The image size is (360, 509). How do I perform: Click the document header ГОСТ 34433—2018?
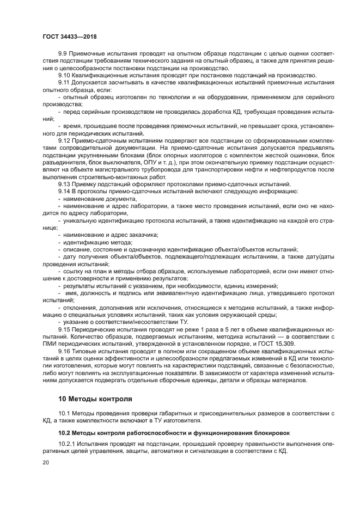pos(66,36)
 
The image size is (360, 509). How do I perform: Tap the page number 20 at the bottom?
pos(45,462)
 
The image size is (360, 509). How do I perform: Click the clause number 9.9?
pos(62,53)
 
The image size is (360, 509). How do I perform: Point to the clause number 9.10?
pos(64,75)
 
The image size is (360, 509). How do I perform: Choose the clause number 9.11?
pos(64,82)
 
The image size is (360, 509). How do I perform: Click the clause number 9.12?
pos(64,140)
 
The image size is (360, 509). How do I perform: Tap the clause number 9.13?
pos(64,184)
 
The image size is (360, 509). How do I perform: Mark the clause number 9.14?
pos(64,192)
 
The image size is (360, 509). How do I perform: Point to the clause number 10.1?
pos(64,415)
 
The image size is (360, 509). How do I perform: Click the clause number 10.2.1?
pos(67,444)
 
